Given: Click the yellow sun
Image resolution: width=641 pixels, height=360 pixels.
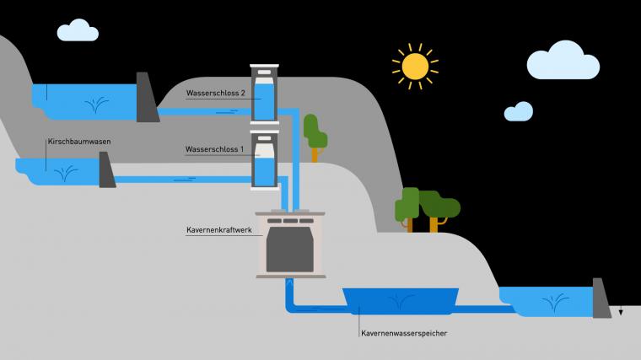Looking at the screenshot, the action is (x=415, y=66).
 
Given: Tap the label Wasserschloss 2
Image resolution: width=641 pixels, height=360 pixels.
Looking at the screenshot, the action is (x=215, y=94).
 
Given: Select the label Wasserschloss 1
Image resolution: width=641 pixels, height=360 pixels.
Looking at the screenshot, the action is (x=214, y=149).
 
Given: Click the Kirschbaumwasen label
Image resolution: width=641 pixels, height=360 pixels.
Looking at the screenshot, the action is (x=79, y=142).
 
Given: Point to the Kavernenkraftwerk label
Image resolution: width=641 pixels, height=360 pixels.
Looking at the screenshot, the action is (x=219, y=230).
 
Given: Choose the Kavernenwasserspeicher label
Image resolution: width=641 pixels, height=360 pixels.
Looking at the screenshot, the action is (x=404, y=333).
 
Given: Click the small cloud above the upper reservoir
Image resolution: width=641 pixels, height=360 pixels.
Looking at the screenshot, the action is (x=78, y=30).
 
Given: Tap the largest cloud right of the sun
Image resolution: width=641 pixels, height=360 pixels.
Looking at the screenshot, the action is (x=563, y=60).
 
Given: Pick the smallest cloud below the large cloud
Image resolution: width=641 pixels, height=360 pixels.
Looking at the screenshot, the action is (x=519, y=111).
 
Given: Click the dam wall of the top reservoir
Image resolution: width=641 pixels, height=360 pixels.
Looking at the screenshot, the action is (x=146, y=97).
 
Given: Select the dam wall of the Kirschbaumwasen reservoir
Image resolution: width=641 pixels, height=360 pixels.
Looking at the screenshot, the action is (x=106, y=170).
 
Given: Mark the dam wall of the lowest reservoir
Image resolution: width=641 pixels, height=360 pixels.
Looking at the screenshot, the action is (x=601, y=298).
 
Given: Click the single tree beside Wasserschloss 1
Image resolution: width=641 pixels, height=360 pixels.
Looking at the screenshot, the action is (x=315, y=137).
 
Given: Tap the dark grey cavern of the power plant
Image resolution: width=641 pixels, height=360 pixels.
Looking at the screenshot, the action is (x=290, y=250).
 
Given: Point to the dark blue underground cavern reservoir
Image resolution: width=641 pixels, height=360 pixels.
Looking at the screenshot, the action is (x=401, y=301).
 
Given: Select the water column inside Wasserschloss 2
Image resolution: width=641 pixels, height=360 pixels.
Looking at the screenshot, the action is (x=264, y=102).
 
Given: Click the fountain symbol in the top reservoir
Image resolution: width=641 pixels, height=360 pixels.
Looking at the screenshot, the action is (x=96, y=105).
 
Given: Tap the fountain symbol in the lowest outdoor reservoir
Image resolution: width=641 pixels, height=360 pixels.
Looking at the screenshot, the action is (x=555, y=303).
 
